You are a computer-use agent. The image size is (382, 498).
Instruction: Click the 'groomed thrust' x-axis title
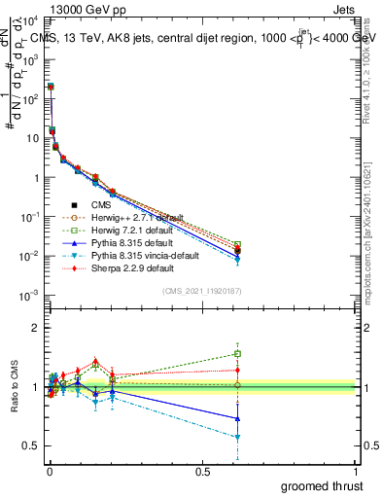[x=323, y=485]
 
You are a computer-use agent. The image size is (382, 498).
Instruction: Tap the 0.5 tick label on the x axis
[x=202, y=471]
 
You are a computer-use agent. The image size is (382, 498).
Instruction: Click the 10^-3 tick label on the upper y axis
[x=24, y=295]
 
